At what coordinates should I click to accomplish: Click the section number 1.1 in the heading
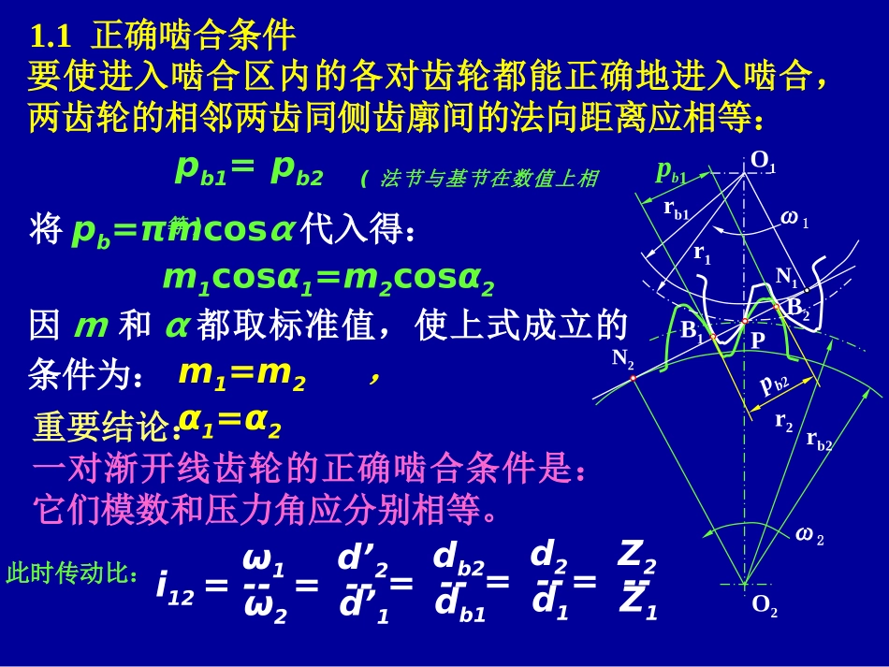51,36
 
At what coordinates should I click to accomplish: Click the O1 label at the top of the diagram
764,164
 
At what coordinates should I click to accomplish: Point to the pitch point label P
757,341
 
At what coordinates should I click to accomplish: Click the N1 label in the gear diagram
786,276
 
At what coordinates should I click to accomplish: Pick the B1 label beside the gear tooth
692,330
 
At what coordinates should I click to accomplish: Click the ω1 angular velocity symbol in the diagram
794,219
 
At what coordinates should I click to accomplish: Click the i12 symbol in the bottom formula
175,588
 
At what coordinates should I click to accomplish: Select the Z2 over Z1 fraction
637,581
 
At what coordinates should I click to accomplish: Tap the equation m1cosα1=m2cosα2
328,279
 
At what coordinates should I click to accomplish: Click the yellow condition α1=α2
229,423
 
